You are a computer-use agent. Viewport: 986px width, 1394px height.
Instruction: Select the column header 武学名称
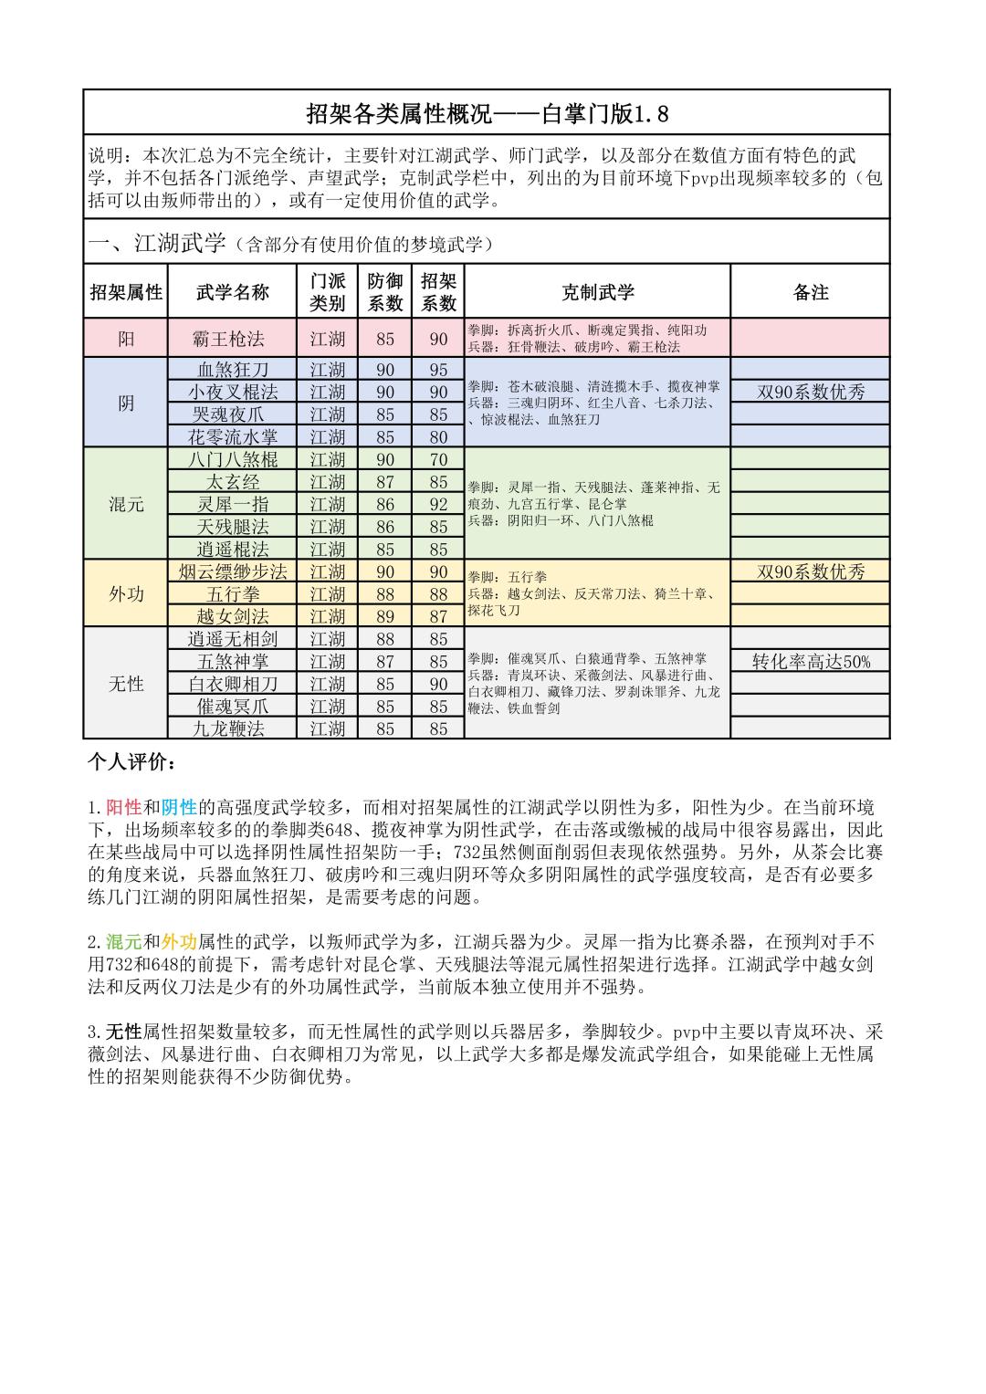click(233, 292)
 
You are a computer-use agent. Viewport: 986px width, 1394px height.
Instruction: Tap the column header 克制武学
click(597, 292)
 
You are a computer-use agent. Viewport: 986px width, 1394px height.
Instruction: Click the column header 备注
click(810, 292)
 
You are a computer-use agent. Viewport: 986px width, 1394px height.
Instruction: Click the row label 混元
click(126, 504)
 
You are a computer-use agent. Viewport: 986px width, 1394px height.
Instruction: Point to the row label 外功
click(126, 593)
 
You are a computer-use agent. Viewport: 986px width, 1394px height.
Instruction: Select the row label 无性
click(126, 683)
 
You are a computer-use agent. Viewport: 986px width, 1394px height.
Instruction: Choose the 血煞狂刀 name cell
click(233, 369)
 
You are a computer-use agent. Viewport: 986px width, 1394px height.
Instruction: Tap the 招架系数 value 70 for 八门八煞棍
click(438, 459)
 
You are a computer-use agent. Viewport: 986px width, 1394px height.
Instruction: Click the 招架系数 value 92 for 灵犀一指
click(438, 504)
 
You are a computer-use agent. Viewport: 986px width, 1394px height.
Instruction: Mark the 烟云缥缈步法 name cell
click(233, 571)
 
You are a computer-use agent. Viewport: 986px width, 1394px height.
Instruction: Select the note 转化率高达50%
click(810, 661)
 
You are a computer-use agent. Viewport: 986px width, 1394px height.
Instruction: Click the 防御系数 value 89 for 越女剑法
click(385, 616)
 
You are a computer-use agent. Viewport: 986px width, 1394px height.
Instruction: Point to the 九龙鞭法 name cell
click(233, 728)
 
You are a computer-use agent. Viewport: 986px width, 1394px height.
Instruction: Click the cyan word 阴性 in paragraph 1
click(179, 807)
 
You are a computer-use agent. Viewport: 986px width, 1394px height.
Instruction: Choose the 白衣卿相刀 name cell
click(233, 684)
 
